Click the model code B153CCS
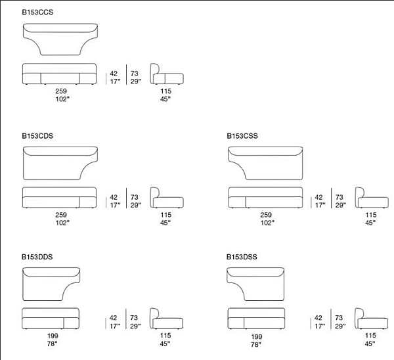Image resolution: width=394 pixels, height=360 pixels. (37, 12)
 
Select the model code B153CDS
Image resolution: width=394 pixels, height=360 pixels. (37, 136)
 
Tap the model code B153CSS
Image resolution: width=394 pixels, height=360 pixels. (242, 136)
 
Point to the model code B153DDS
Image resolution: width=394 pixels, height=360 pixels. (37, 257)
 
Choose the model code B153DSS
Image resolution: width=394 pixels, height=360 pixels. (242, 257)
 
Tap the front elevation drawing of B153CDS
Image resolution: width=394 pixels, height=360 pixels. (59, 198)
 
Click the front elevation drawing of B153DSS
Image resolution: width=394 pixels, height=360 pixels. (256, 319)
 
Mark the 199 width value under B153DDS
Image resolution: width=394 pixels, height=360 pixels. (53, 336)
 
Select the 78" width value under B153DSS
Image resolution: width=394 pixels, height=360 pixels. (256, 344)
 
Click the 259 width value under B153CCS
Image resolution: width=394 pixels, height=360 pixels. (61, 91)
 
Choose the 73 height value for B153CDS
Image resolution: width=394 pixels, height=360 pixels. (134, 197)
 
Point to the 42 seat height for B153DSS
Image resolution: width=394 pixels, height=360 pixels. (318, 318)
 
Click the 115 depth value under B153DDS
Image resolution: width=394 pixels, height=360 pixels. (165, 335)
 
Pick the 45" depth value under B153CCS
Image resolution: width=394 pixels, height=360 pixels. (165, 99)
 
